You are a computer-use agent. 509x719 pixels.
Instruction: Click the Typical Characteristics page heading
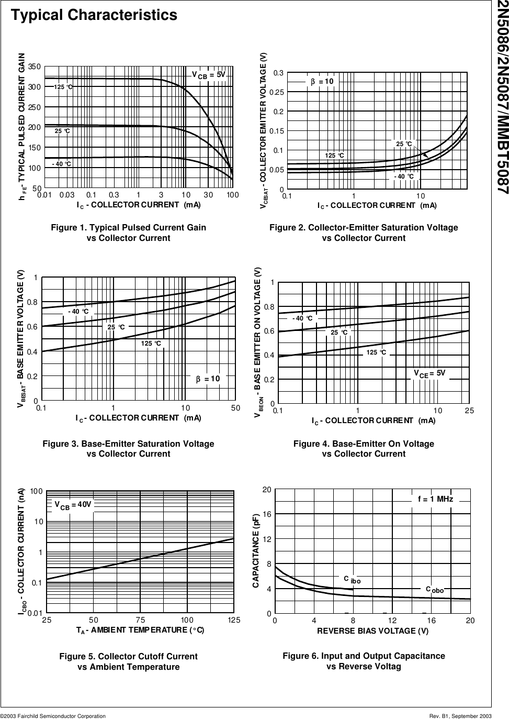(x=95, y=16)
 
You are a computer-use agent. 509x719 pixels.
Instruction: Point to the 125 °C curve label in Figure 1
(x=63, y=87)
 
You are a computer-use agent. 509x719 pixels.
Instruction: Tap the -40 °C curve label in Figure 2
(x=404, y=176)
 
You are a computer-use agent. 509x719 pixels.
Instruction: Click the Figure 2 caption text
(x=364, y=233)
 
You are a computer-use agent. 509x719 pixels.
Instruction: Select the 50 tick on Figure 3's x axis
(x=235, y=408)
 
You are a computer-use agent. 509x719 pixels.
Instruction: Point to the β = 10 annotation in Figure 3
(x=208, y=379)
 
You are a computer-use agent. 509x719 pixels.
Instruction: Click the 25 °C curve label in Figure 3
(x=116, y=327)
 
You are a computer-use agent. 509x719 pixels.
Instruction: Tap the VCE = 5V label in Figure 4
(x=429, y=373)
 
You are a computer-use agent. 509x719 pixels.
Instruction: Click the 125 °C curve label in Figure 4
(x=376, y=352)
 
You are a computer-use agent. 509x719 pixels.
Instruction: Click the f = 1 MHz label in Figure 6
(x=435, y=500)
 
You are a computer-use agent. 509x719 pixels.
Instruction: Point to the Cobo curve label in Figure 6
(x=434, y=590)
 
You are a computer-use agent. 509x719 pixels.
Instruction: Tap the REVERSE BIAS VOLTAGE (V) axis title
(x=372, y=631)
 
